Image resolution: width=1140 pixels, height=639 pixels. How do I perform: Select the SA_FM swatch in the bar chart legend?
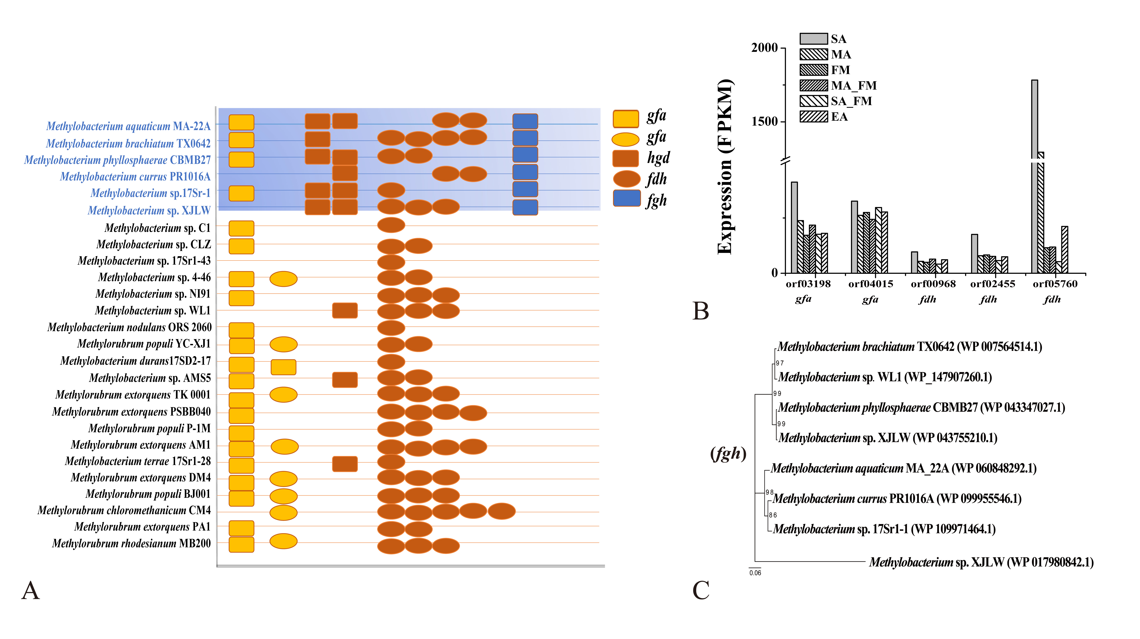click(x=813, y=101)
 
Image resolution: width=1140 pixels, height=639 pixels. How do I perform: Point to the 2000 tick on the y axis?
click(x=764, y=48)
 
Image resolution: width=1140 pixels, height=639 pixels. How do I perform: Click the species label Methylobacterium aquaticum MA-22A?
click(x=128, y=126)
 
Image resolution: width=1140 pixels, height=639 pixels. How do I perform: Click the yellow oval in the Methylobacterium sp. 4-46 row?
click(x=283, y=279)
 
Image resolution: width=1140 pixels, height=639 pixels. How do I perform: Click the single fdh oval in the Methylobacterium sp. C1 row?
click(x=391, y=225)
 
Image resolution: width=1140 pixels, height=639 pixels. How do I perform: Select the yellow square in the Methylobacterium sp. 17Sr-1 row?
click(x=241, y=193)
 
